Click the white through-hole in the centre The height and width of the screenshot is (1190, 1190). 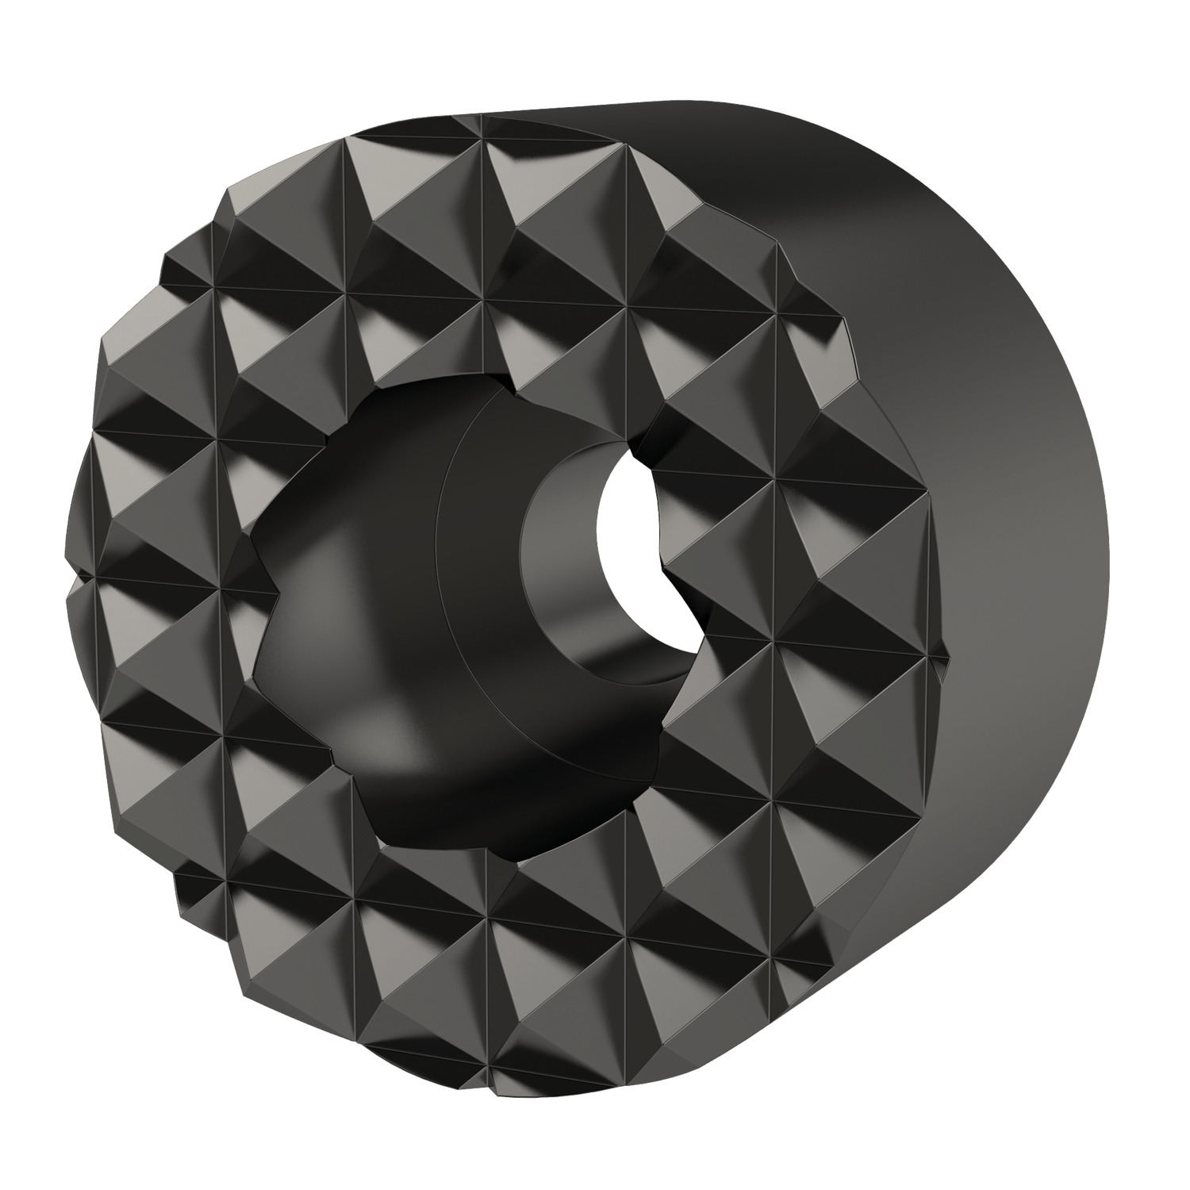click(x=631, y=559)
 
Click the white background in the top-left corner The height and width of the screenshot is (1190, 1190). click(x=48, y=48)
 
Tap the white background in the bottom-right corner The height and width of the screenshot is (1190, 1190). click(x=1142, y=1142)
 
